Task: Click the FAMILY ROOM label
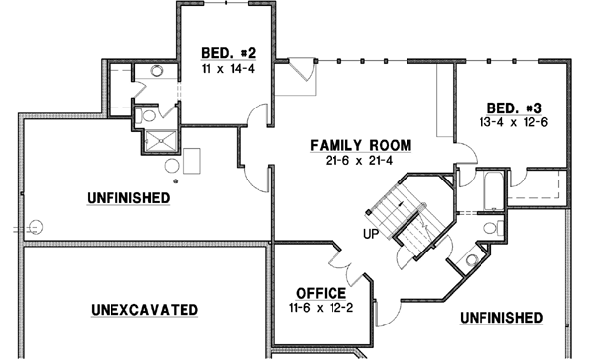(360, 145)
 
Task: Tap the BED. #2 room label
(204, 52)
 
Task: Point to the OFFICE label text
(321, 293)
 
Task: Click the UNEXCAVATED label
(144, 309)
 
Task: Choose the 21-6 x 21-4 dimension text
(360, 161)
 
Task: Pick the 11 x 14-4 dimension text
(204, 68)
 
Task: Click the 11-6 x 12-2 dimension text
(321, 309)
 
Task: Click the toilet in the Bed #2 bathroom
(149, 115)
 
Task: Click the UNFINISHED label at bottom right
(500, 317)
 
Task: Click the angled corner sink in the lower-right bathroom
(472, 260)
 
